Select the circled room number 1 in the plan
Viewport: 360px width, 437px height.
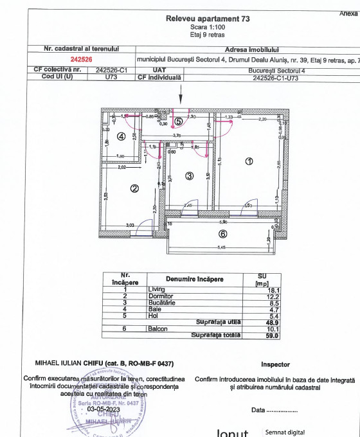249,161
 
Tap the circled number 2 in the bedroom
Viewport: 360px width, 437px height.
134,188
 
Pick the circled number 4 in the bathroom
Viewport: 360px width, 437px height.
121,136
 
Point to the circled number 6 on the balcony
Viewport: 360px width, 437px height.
222,234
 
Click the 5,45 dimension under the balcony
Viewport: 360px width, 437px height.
221,248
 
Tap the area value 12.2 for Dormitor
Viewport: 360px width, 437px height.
272,296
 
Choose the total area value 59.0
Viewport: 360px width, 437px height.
272,335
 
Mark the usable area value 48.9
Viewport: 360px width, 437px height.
272,322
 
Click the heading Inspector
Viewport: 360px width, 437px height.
275,364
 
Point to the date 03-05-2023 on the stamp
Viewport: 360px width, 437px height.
105,408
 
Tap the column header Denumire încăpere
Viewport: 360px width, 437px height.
195,279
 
